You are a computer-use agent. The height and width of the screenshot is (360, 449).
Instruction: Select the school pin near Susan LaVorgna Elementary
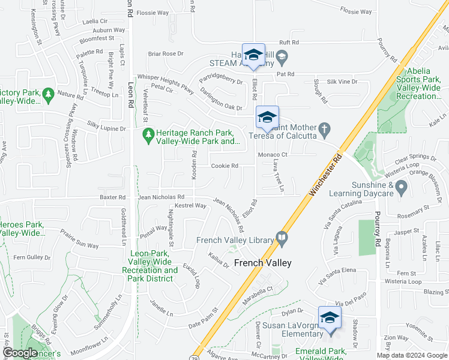(329, 317)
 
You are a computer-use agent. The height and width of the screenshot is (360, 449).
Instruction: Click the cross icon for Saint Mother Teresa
(324, 129)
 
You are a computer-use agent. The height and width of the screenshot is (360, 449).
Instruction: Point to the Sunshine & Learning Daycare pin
(402, 188)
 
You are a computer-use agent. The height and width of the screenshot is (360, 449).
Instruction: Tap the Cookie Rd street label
(224, 166)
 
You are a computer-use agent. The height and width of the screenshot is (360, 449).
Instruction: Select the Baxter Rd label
(113, 197)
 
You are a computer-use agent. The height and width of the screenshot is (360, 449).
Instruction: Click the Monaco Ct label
(273, 154)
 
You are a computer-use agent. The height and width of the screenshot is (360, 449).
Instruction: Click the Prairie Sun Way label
(79, 245)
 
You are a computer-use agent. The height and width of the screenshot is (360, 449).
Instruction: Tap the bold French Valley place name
(262, 263)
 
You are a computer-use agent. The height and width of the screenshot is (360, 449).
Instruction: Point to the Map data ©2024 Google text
(412, 355)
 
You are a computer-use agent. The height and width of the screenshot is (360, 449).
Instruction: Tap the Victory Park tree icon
(48, 94)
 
